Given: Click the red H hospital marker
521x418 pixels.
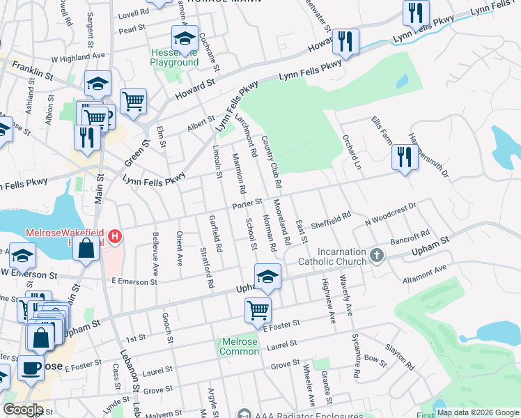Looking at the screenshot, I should point(114,238).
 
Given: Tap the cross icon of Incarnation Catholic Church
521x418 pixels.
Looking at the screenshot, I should point(377,255).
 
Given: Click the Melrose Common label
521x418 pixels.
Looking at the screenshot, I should point(240,346).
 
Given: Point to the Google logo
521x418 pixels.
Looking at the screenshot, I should point(23,410).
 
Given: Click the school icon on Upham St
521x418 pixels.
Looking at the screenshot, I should point(267,277).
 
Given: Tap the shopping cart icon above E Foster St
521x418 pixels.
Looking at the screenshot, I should point(258,308).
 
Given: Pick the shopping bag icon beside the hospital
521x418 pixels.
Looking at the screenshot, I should point(86,249).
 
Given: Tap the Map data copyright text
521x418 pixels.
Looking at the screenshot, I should point(477,412).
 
